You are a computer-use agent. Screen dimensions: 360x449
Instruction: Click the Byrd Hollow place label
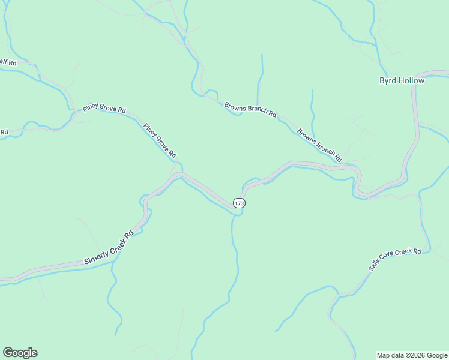[x=402, y=80]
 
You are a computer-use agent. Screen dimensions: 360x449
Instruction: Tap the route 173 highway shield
[x=239, y=203]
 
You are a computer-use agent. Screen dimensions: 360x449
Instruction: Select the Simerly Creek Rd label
[x=109, y=248]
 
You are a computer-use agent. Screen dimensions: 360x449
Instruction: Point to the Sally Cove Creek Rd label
[x=395, y=260]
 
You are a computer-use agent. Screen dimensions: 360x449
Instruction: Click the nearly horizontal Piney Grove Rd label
[x=104, y=109]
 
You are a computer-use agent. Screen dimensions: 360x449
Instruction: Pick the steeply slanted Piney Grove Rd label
[x=160, y=141]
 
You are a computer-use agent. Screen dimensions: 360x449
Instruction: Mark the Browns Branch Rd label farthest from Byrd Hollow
[x=250, y=110]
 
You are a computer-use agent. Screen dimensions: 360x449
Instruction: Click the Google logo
[x=20, y=353]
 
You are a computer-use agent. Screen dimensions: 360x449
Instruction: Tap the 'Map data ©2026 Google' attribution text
[x=412, y=355]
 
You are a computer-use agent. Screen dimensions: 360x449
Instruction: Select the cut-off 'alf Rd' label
[x=7, y=61]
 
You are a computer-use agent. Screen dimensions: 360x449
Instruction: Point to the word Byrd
[x=387, y=80]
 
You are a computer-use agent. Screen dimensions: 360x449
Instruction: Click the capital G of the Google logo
[x=8, y=352]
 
